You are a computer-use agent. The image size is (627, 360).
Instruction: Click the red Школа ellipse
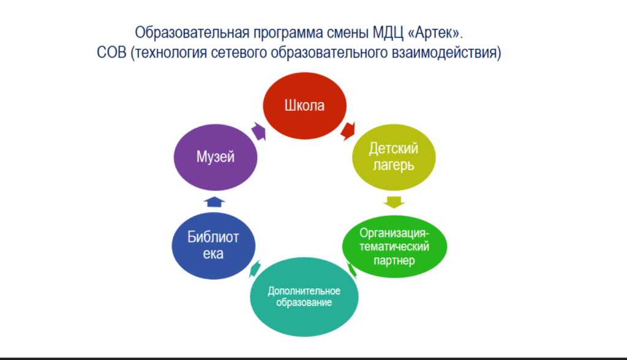[305, 105]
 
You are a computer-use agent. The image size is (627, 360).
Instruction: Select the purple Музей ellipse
[216, 157]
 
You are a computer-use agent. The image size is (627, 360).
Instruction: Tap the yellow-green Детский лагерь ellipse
[394, 157]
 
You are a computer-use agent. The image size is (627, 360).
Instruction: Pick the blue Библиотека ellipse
[214, 246]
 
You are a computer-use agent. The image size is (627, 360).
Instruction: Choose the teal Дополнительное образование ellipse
[304, 297]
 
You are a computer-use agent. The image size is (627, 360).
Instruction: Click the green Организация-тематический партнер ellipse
[395, 246]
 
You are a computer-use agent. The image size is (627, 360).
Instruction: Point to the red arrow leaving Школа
[348, 131]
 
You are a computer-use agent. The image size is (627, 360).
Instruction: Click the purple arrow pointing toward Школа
[259, 131]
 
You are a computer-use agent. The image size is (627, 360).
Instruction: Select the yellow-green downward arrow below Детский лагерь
[394, 203]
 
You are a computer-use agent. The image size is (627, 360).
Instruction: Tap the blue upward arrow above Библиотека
[214, 201]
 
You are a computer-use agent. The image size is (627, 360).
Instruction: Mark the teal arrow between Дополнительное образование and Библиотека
[255, 268]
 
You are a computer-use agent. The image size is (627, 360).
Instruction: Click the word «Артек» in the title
[435, 32]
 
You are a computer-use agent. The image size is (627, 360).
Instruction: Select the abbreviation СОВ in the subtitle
[111, 53]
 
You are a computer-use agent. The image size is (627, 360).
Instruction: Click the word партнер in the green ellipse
[394, 261]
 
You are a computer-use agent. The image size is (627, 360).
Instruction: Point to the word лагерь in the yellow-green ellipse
[394, 165]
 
